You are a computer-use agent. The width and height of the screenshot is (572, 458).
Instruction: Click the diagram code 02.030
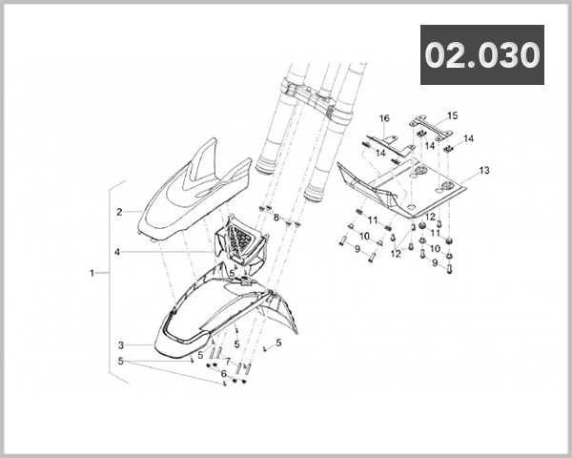[x=482, y=54]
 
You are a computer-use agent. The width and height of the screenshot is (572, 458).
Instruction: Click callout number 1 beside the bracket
[x=92, y=273]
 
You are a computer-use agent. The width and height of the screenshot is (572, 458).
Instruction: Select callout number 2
[x=120, y=211]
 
